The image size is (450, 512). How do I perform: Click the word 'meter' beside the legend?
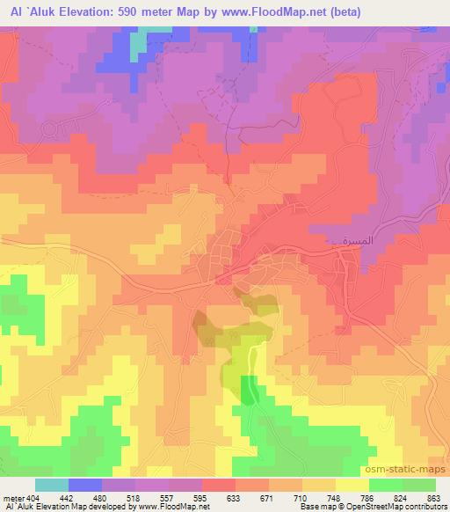coord(13,497)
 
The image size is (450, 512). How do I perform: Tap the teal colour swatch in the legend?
coord(52,485)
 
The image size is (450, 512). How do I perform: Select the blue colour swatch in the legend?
coord(85,485)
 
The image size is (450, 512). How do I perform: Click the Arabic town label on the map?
coord(338,239)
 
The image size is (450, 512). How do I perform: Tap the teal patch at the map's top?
coord(139,45)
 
